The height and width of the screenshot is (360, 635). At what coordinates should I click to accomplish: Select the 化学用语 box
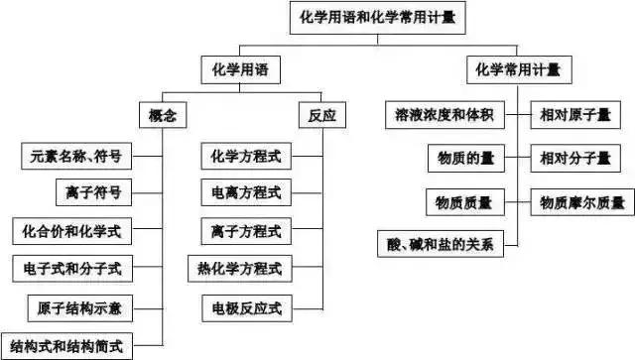pyautogui.click(x=240, y=69)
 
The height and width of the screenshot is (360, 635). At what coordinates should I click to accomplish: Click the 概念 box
pyautogui.click(x=162, y=116)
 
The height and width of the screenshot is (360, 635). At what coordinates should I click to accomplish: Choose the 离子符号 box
pyautogui.click(x=94, y=192)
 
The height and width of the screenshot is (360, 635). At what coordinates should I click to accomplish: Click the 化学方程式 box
pyautogui.click(x=240, y=156)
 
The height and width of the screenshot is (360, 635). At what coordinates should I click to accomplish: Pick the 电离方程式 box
pyautogui.click(x=240, y=192)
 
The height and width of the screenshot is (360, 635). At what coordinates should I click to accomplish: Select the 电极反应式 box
pyautogui.click(x=240, y=306)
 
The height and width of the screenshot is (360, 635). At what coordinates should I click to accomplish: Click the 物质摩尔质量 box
pyautogui.click(x=582, y=203)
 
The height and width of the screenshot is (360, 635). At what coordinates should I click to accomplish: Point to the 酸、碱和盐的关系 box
pyautogui.click(x=440, y=243)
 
